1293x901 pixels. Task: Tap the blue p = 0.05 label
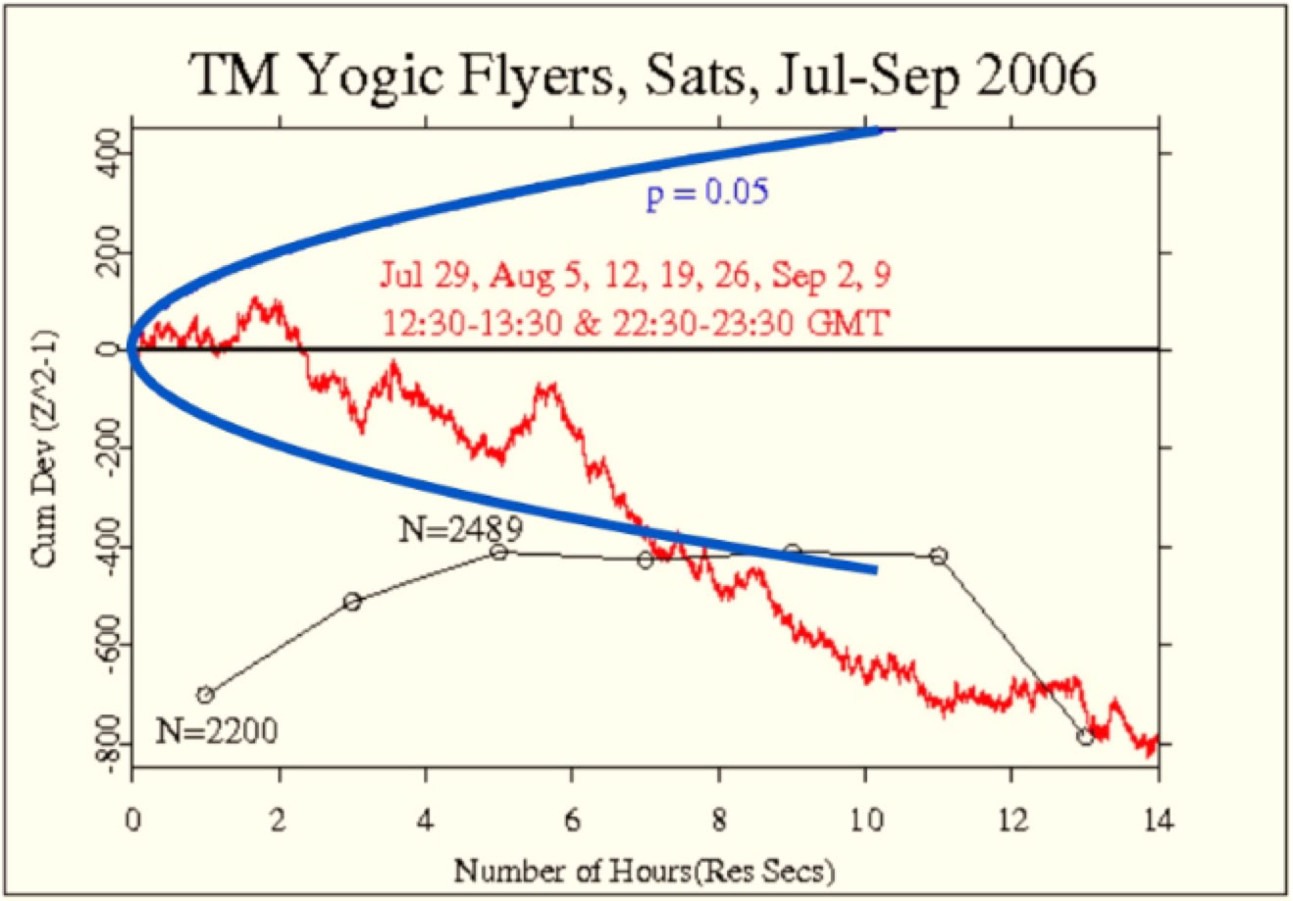coord(706,192)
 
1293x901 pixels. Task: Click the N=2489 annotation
coord(459,530)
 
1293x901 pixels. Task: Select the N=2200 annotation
coord(215,729)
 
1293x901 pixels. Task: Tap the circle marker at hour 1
coord(205,694)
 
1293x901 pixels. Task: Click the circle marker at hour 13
coord(1085,737)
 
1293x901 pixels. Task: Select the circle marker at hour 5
coord(498,553)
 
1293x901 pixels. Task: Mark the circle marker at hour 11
coord(939,556)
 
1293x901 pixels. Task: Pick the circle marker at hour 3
coord(352,602)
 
